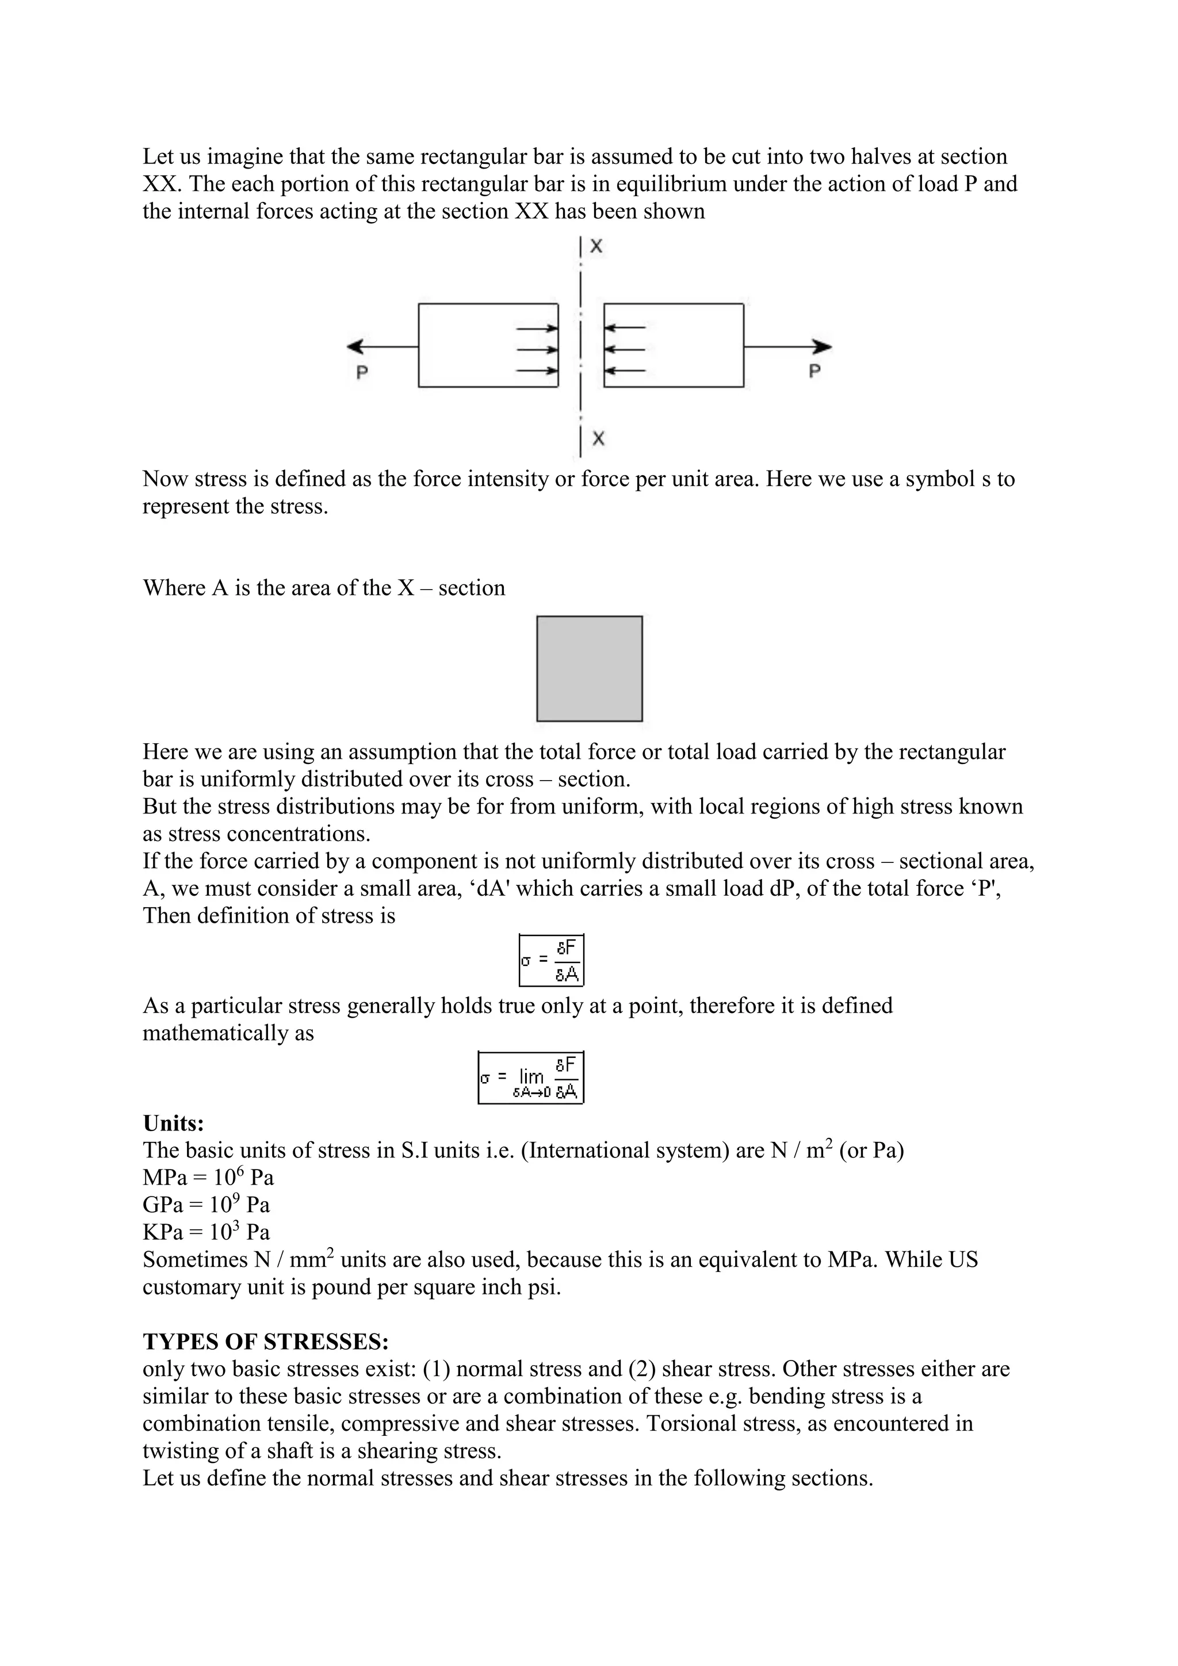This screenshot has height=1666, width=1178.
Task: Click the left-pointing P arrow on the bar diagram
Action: pos(381,347)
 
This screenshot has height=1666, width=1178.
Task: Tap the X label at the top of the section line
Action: pos(596,246)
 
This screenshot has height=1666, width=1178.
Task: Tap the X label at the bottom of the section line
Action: pos(598,438)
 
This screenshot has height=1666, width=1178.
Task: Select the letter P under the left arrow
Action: pos(362,372)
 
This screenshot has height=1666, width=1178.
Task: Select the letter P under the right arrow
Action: pos(814,371)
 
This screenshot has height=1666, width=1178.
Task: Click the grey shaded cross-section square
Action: pos(589,668)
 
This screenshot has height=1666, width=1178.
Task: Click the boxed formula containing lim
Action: pos(531,1077)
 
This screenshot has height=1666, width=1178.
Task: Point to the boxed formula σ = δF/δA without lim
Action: pos(551,960)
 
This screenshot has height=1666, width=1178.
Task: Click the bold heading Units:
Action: pos(173,1124)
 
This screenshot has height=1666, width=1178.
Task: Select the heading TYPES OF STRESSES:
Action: pos(266,1342)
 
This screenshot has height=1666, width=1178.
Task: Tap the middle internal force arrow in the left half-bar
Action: pos(537,350)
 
